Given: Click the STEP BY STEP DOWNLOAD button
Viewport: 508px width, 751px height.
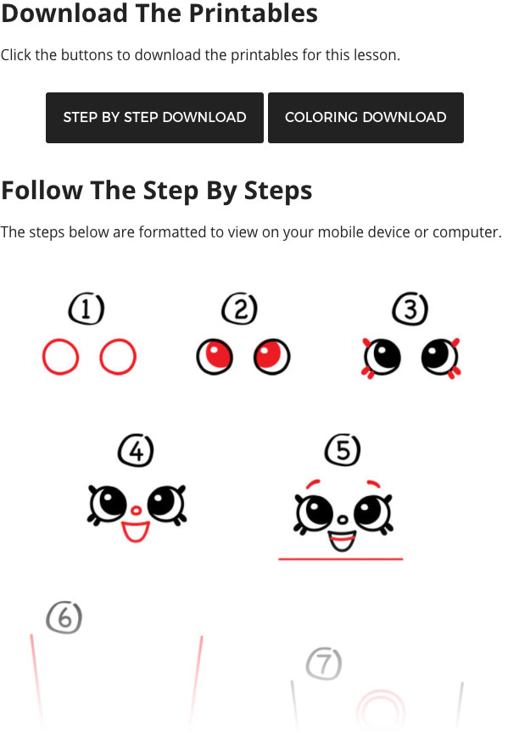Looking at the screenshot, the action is coord(154,117).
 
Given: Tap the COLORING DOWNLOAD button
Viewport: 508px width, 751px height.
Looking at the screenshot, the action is coord(366,117).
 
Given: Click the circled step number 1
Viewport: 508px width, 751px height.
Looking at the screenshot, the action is coord(87,309).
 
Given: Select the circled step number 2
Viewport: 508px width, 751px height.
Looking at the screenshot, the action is coord(240,309).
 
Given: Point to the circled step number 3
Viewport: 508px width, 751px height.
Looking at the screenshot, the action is coord(410,309).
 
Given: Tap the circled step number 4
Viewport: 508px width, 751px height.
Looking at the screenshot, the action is coord(136,451).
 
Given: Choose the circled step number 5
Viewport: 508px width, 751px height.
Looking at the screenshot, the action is coord(343,450).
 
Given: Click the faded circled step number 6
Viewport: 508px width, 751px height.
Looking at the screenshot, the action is coord(64,617).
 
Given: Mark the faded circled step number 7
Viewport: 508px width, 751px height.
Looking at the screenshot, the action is coord(324,664).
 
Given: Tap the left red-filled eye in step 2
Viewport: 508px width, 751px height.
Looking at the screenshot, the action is coord(215,357).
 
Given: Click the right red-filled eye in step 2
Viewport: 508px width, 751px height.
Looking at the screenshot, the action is coord(271,357).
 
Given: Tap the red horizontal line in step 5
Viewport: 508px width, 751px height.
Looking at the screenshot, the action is coord(341,559).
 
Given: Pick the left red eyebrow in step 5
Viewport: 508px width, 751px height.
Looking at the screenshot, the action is coord(313,483).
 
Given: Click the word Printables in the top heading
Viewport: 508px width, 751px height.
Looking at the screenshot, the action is coord(253,14).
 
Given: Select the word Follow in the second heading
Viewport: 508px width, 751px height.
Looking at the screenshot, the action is coord(42,191).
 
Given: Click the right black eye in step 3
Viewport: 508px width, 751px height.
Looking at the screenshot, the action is coord(439,357).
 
